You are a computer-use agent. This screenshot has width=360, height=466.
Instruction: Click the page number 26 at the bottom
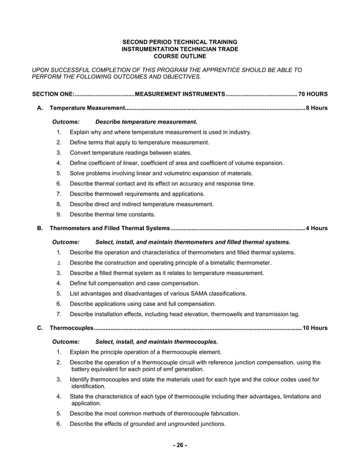tap(179, 445)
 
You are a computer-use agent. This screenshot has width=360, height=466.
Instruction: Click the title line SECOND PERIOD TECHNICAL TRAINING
tap(179, 42)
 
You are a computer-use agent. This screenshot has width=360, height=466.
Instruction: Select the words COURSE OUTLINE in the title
tap(179, 56)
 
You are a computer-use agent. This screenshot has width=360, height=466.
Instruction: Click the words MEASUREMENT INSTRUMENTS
tap(180, 93)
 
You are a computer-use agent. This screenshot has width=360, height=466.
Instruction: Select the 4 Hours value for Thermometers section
tap(316, 228)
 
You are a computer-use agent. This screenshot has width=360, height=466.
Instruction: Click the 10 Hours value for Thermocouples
tap(314, 328)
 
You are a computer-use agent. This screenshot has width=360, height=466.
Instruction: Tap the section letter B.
tap(39, 228)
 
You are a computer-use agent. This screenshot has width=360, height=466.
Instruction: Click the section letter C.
tap(39, 328)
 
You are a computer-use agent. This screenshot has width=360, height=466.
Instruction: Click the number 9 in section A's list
tap(59, 214)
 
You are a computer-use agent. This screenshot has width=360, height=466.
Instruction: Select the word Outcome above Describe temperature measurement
tap(65, 121)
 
